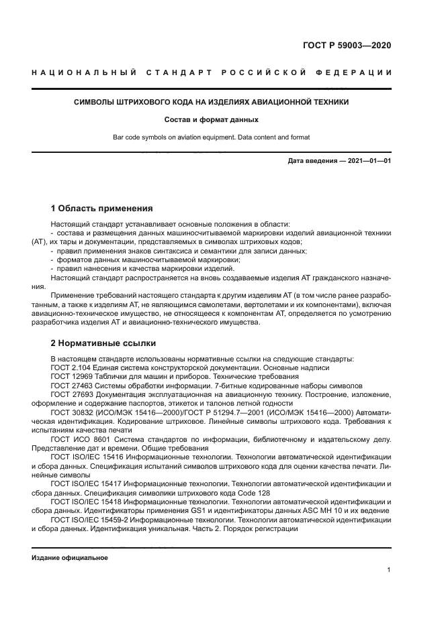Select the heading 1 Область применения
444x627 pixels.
point(102,208)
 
